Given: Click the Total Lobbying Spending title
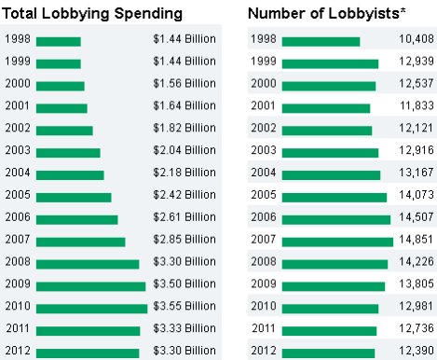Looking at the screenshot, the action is click(92, 14).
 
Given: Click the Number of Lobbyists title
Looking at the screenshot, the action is click(327, 13).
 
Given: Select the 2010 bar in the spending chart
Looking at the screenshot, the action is click(91, 309).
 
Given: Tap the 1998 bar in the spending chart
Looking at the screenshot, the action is click(59, 42).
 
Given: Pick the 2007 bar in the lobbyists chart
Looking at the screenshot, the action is click(337, 242).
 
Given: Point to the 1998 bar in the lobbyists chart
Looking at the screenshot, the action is click(321, 42).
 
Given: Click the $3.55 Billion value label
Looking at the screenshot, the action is click(184, 306).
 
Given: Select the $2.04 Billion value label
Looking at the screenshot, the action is click(184, 150).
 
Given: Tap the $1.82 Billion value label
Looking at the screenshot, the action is click(184, 128).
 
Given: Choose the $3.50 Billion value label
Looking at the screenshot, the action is click(184, 284).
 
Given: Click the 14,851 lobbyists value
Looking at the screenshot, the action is click(417, 240).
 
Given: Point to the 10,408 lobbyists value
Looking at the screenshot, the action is click(417, 39).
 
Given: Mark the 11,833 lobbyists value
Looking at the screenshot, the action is click(417, 105).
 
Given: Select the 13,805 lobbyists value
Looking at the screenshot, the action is click(417, 284).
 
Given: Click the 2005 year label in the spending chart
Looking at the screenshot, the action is click(18, 195).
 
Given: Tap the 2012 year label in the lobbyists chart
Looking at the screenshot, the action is click(264, 351).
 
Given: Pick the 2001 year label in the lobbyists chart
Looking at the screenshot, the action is click(264, 105).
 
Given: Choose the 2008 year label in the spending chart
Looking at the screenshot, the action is click(18, 261).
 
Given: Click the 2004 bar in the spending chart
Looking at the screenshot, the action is click(70, 175).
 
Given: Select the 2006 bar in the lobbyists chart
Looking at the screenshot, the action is click(336, 219).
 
